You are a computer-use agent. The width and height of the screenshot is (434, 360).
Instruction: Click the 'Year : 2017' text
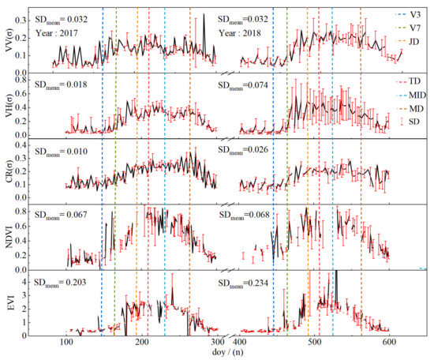pos(58,33)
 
